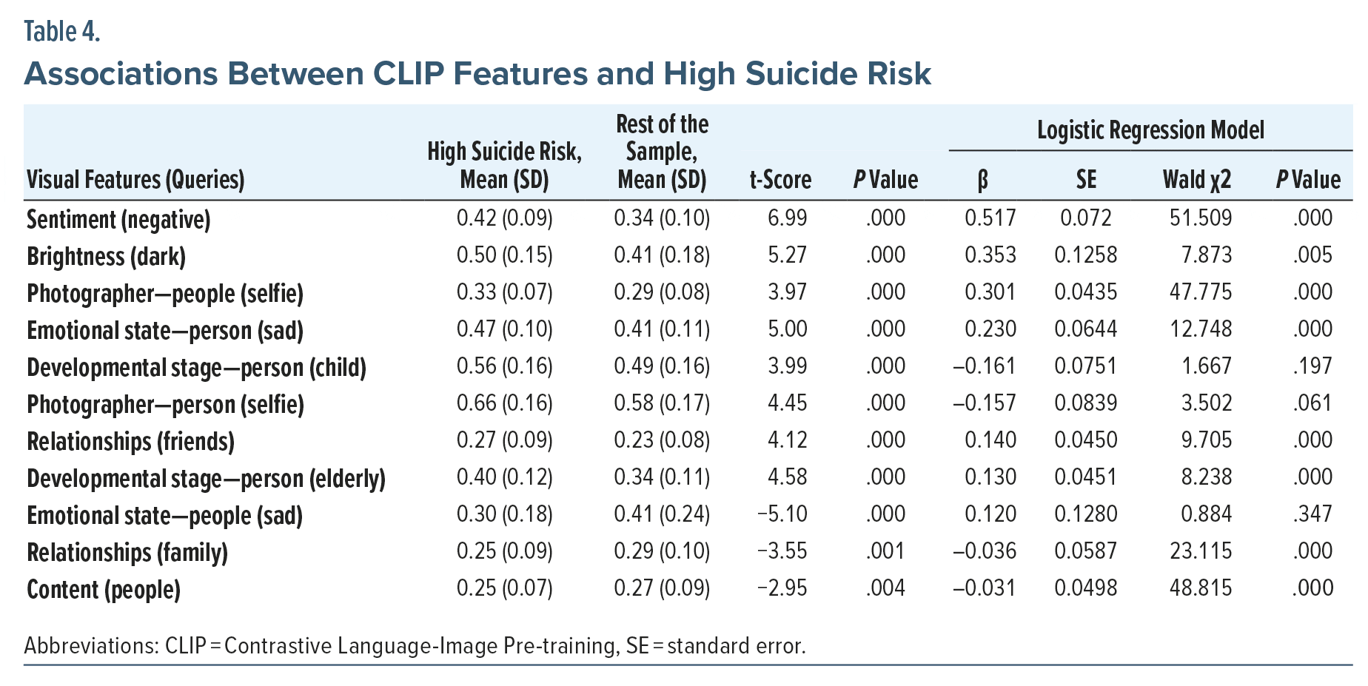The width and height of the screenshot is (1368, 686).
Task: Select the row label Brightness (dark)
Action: click(x=106, y=256)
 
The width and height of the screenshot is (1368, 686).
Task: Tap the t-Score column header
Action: click(x=780, y=180)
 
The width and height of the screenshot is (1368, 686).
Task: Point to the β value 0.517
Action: click(x=990, y=218)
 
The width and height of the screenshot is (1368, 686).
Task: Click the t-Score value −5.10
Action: click(x=782, y=514)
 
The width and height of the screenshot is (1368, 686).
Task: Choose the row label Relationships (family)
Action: click(x=127, y=552)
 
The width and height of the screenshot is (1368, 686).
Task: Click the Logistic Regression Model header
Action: click(x=1150, y=130)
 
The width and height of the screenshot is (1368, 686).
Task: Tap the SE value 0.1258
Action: click(x=1085, y=255)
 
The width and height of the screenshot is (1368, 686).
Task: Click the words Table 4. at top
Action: click(x=62, y=31)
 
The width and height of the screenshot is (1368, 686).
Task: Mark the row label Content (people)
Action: click(x=104, y=589)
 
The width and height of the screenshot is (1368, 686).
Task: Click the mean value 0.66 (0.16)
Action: click(x=504, y=403)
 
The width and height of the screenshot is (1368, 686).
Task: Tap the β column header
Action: click(x=983, y=180)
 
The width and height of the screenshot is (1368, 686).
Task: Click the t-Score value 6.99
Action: click(x=788, y=218)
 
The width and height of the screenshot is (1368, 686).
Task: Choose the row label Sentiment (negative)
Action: click(x=118, y=219)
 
